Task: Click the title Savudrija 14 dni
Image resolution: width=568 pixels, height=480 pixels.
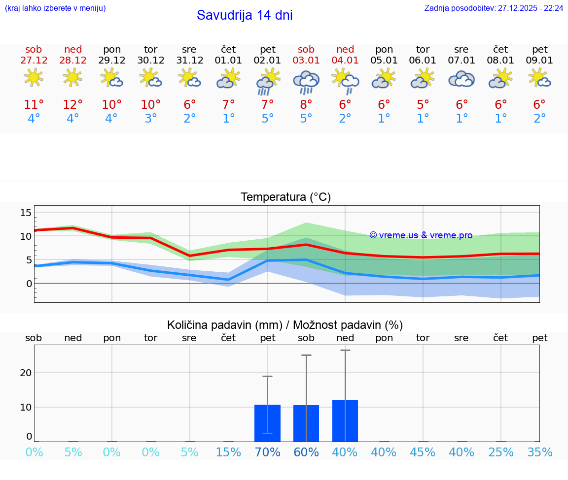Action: pyautogui.click(x=245, y=15)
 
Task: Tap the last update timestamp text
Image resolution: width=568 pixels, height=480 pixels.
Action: pyautogui.click(x=494, y=8)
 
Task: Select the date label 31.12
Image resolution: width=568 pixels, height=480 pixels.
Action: pyautogui.click(x=189, y=60)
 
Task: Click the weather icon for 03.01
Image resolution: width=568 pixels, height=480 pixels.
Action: pyautogui.click(x=306, y=82)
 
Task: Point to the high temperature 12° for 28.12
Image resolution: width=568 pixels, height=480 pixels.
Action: pyautogui.click(x=72, y=104)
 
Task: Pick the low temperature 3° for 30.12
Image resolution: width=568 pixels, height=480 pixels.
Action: pyautogui.click(x=150, y=119)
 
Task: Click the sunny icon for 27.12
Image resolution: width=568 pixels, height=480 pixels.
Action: pyautogui.click(x=34, y=77)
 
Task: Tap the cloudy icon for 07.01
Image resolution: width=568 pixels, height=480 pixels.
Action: pyautogui.click(x=461, y=79)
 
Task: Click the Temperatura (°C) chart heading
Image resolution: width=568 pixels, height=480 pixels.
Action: pyautogui.click(x=285, y=197)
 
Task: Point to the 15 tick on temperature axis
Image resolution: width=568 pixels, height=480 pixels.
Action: pyautogui.click(x=26, y=213)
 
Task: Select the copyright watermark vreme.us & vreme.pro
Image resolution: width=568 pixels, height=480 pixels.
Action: pyautogui.click(x=421, y=235)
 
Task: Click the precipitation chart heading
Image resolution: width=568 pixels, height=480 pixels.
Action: pyautogui.click(x=285, y=325)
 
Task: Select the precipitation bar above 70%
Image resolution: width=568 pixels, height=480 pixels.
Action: pyautogui.click(x=267, y=423)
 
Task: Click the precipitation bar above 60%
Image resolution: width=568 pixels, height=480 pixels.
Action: pyautogui.click(x=306, y=423)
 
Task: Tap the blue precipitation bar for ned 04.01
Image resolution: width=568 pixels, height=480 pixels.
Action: pyautogui.click(x=345, y=421)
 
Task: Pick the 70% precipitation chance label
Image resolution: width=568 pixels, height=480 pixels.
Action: pyautogui.click(x=267, y=452)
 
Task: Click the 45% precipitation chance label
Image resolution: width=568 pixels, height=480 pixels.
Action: pyautogui.click(x=423, y=452)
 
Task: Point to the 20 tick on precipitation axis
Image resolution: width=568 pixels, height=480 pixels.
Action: pyautogui.click(x=26, y=373)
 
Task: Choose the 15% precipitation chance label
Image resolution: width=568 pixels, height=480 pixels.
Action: pyautogui.click(x=228, y=452)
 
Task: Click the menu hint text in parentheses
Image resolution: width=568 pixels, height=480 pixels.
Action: pyautogui.click(x=55, y=8)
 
